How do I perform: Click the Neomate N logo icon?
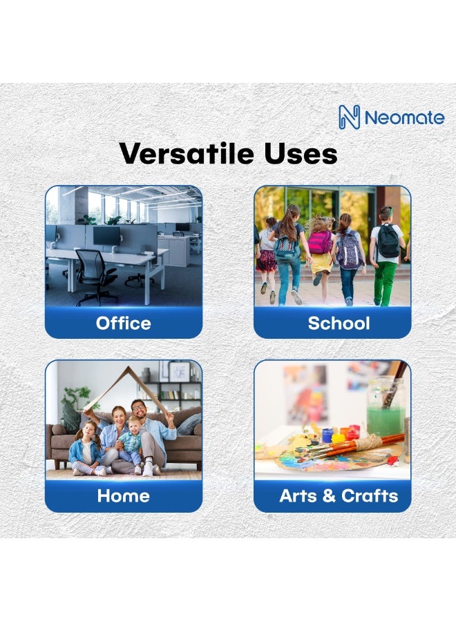pyautogui.click(x=350, y=117)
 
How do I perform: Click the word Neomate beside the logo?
pyautogui.click(x=404, y=117)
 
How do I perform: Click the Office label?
pyautogui.click(x=124, y=323)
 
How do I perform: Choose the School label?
pyautogui.click(x=339, y=323)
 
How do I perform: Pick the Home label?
pyautogui.click(x=124, y=495)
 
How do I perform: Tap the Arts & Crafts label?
pyautogui.click(x=339, y=495)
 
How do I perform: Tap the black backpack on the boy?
pyautogui.click(x=388, y=241)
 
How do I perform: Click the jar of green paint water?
pyautogui.click(x=385, y=411)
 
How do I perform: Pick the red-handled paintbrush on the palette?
pyautogui.click(x=373, y=441)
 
